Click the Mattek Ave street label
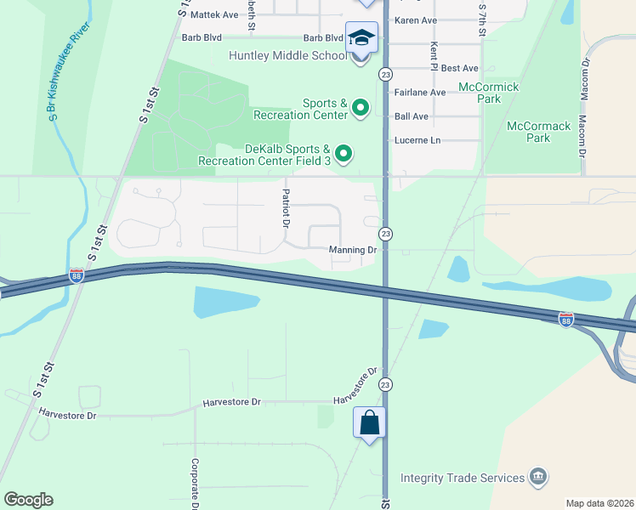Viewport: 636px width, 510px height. point(214,14)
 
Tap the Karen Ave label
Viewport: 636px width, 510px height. point(416,20)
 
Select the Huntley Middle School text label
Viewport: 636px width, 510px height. point(288,55)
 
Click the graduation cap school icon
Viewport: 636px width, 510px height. point(361,37)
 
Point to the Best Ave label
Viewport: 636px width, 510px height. point(460,68)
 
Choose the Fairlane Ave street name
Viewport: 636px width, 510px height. point(419,93)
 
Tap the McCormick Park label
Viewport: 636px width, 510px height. point(488,93)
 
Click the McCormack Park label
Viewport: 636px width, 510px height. point(538,132)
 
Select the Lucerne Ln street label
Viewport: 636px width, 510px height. point(417,140)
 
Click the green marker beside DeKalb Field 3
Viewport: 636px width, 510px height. point(344,154)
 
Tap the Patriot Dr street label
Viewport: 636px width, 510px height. point(286,209)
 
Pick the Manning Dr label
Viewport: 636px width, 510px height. point(353,250)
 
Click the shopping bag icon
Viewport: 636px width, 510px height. point(370,422)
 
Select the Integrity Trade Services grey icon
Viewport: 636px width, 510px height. point(537,476)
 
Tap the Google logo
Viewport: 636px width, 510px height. point(28,500)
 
